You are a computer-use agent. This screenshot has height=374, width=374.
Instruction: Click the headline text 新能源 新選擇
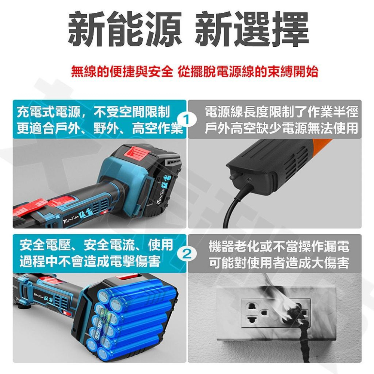click(x=188, y=30)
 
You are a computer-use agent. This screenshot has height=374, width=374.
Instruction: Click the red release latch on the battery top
click(x=135, y=153)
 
